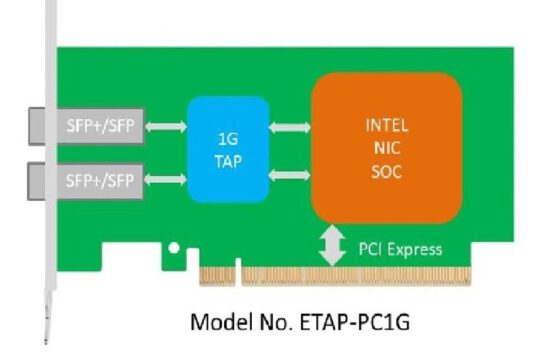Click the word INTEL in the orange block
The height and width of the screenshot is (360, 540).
pos(387,127)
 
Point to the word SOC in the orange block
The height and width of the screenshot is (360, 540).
pos(387,167)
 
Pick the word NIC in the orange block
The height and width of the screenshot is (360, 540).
pos(387,147)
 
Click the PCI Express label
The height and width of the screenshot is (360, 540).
pos(400,248)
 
